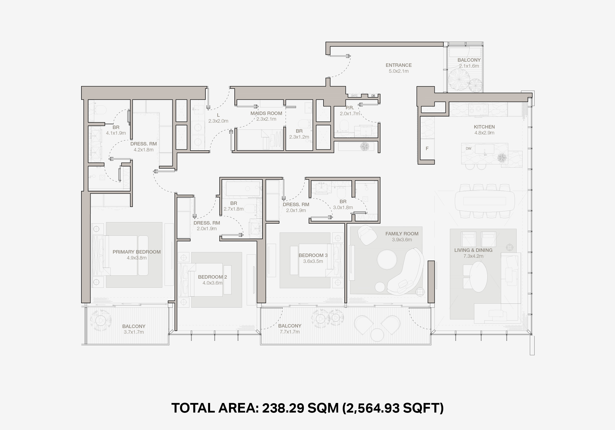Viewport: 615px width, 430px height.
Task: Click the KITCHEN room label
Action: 484,127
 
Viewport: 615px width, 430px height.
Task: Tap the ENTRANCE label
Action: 399,65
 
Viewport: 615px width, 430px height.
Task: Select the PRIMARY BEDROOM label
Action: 137,252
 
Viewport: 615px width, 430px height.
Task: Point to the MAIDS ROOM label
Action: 266,113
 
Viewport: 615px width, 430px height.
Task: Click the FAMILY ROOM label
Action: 402,234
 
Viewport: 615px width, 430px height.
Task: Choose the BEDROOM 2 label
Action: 212,277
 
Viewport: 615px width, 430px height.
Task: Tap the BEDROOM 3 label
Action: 313,255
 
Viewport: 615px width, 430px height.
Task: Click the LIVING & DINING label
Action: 473,250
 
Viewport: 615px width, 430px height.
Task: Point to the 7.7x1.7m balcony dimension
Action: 290,332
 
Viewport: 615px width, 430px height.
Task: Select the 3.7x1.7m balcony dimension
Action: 134,332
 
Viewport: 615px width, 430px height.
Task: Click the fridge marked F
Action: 427,148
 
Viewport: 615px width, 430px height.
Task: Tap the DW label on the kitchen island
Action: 468,148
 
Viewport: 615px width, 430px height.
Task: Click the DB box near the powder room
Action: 373,96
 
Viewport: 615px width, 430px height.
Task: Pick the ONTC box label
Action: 354,96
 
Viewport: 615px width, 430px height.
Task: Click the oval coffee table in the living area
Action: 479,276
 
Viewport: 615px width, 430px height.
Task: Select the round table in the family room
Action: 387,259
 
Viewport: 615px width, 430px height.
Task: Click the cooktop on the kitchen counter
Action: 478,109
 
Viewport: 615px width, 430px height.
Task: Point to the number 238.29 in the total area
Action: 283,408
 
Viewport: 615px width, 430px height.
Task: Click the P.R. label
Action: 350,108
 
